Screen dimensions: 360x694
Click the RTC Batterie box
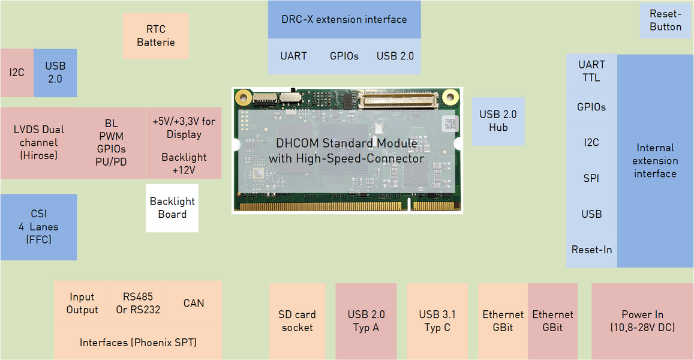click(x=155, y=36)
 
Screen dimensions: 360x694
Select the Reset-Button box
click(x=665, y=20)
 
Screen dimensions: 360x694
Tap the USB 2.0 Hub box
click(x=498, y=121)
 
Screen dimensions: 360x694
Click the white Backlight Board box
click(x=172, y=208)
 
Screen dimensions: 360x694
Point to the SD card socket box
click(x=297, y=321)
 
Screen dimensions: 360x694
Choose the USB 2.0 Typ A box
click(x=366, y=321)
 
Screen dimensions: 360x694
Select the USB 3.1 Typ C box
click(x=437, y=321)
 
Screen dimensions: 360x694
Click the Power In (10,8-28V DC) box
click(x=642, y=321)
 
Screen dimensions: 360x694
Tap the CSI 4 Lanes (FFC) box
click(x=38, y=227)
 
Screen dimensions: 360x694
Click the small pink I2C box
click(x=17, y=73)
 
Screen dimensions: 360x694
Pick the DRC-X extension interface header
click(x=344, y=20)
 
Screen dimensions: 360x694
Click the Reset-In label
click(x=591, y=250)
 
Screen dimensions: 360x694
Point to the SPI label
click(x=591, y=178)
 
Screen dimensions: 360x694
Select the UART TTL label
click(x=591, y=71)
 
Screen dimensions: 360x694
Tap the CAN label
click(x=194, y=303)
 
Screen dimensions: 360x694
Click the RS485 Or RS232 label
click(x=138, y=303)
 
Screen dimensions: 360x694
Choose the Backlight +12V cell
click(x=184, y=164)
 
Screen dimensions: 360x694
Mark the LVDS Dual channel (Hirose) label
click(x=38, y=143)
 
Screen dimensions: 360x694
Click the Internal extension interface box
click(x=655, y=161)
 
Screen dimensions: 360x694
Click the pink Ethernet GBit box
click(x=552, y=321)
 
